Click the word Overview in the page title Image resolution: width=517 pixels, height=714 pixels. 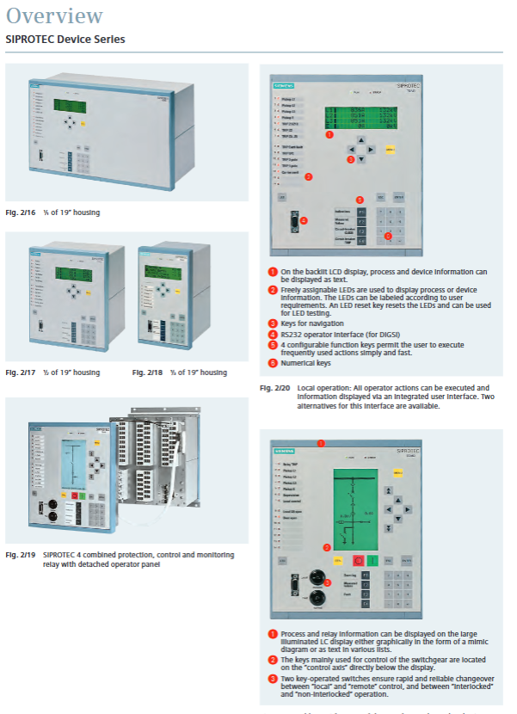point(54,15)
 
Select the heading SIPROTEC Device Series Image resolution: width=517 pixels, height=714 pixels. point(65,39)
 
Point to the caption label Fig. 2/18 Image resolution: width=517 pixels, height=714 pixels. point(149,372)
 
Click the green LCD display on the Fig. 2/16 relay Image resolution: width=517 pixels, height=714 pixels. point(70,105)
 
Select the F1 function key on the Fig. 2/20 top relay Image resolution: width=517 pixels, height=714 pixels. point(361,211)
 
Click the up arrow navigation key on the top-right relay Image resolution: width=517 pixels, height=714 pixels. point(361,138)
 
